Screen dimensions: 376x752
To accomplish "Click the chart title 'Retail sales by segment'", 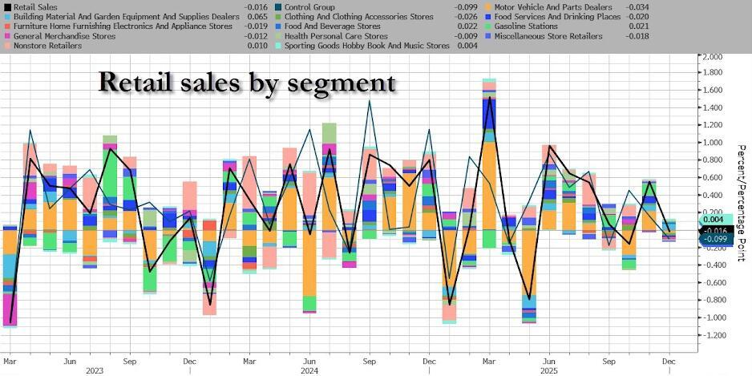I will (x=246, y=81).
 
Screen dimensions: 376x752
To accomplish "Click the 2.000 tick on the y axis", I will (x=713, y=57).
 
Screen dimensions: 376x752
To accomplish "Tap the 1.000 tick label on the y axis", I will (x=713, y=144).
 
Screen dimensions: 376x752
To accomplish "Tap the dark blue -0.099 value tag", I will (x=714, y=239).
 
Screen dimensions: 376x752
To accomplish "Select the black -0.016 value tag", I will (x=714, y=230).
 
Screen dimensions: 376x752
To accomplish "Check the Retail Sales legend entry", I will (x=36, y=7).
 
